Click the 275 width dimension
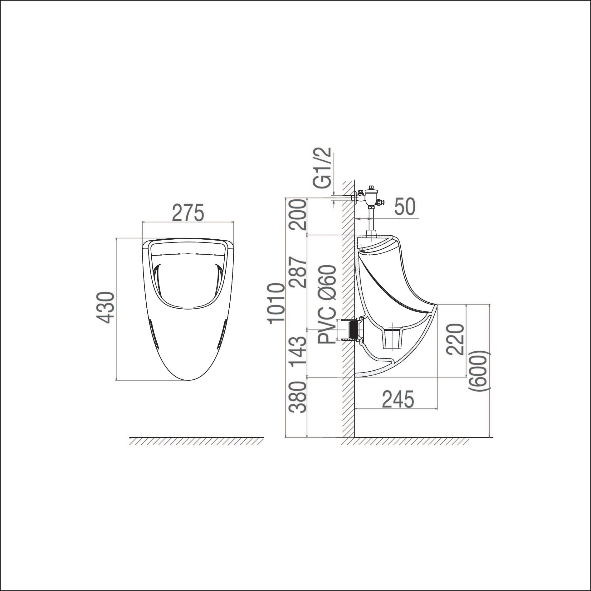188,213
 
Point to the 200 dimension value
297,215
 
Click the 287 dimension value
297,272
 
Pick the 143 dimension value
297,352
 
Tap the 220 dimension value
455,339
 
